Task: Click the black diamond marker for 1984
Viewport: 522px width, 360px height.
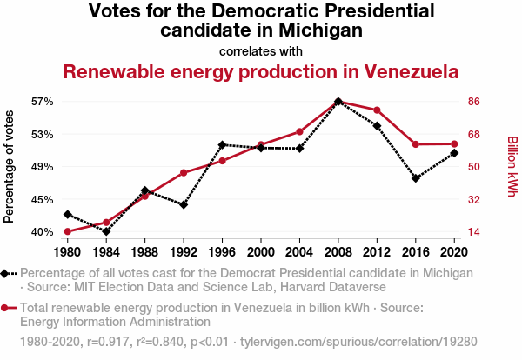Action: click(106, 231)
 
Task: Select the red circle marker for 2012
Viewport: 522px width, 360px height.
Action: click(377, 110)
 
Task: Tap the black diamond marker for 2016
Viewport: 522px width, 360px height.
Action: click(416, 178)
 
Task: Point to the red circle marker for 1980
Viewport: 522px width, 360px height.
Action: click(67, 231)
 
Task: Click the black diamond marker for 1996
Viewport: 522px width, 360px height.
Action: click(222, 144)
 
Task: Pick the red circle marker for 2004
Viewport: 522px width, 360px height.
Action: click(299, 131)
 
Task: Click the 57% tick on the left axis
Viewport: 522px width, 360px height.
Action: click(42, 102)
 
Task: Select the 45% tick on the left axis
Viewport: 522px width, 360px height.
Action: click(42, 199)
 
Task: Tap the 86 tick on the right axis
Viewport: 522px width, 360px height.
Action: click(475, 102)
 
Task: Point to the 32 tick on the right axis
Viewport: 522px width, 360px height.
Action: click(475, 199)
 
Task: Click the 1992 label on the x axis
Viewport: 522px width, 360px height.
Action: click(184, 252)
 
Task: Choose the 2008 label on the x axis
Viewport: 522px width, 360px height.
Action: click(338, 252)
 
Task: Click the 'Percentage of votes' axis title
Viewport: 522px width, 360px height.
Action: click(10, 166)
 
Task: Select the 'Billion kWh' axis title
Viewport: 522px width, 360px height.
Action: click(512, 166)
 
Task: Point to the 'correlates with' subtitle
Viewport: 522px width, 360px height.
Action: click(261, 50)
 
